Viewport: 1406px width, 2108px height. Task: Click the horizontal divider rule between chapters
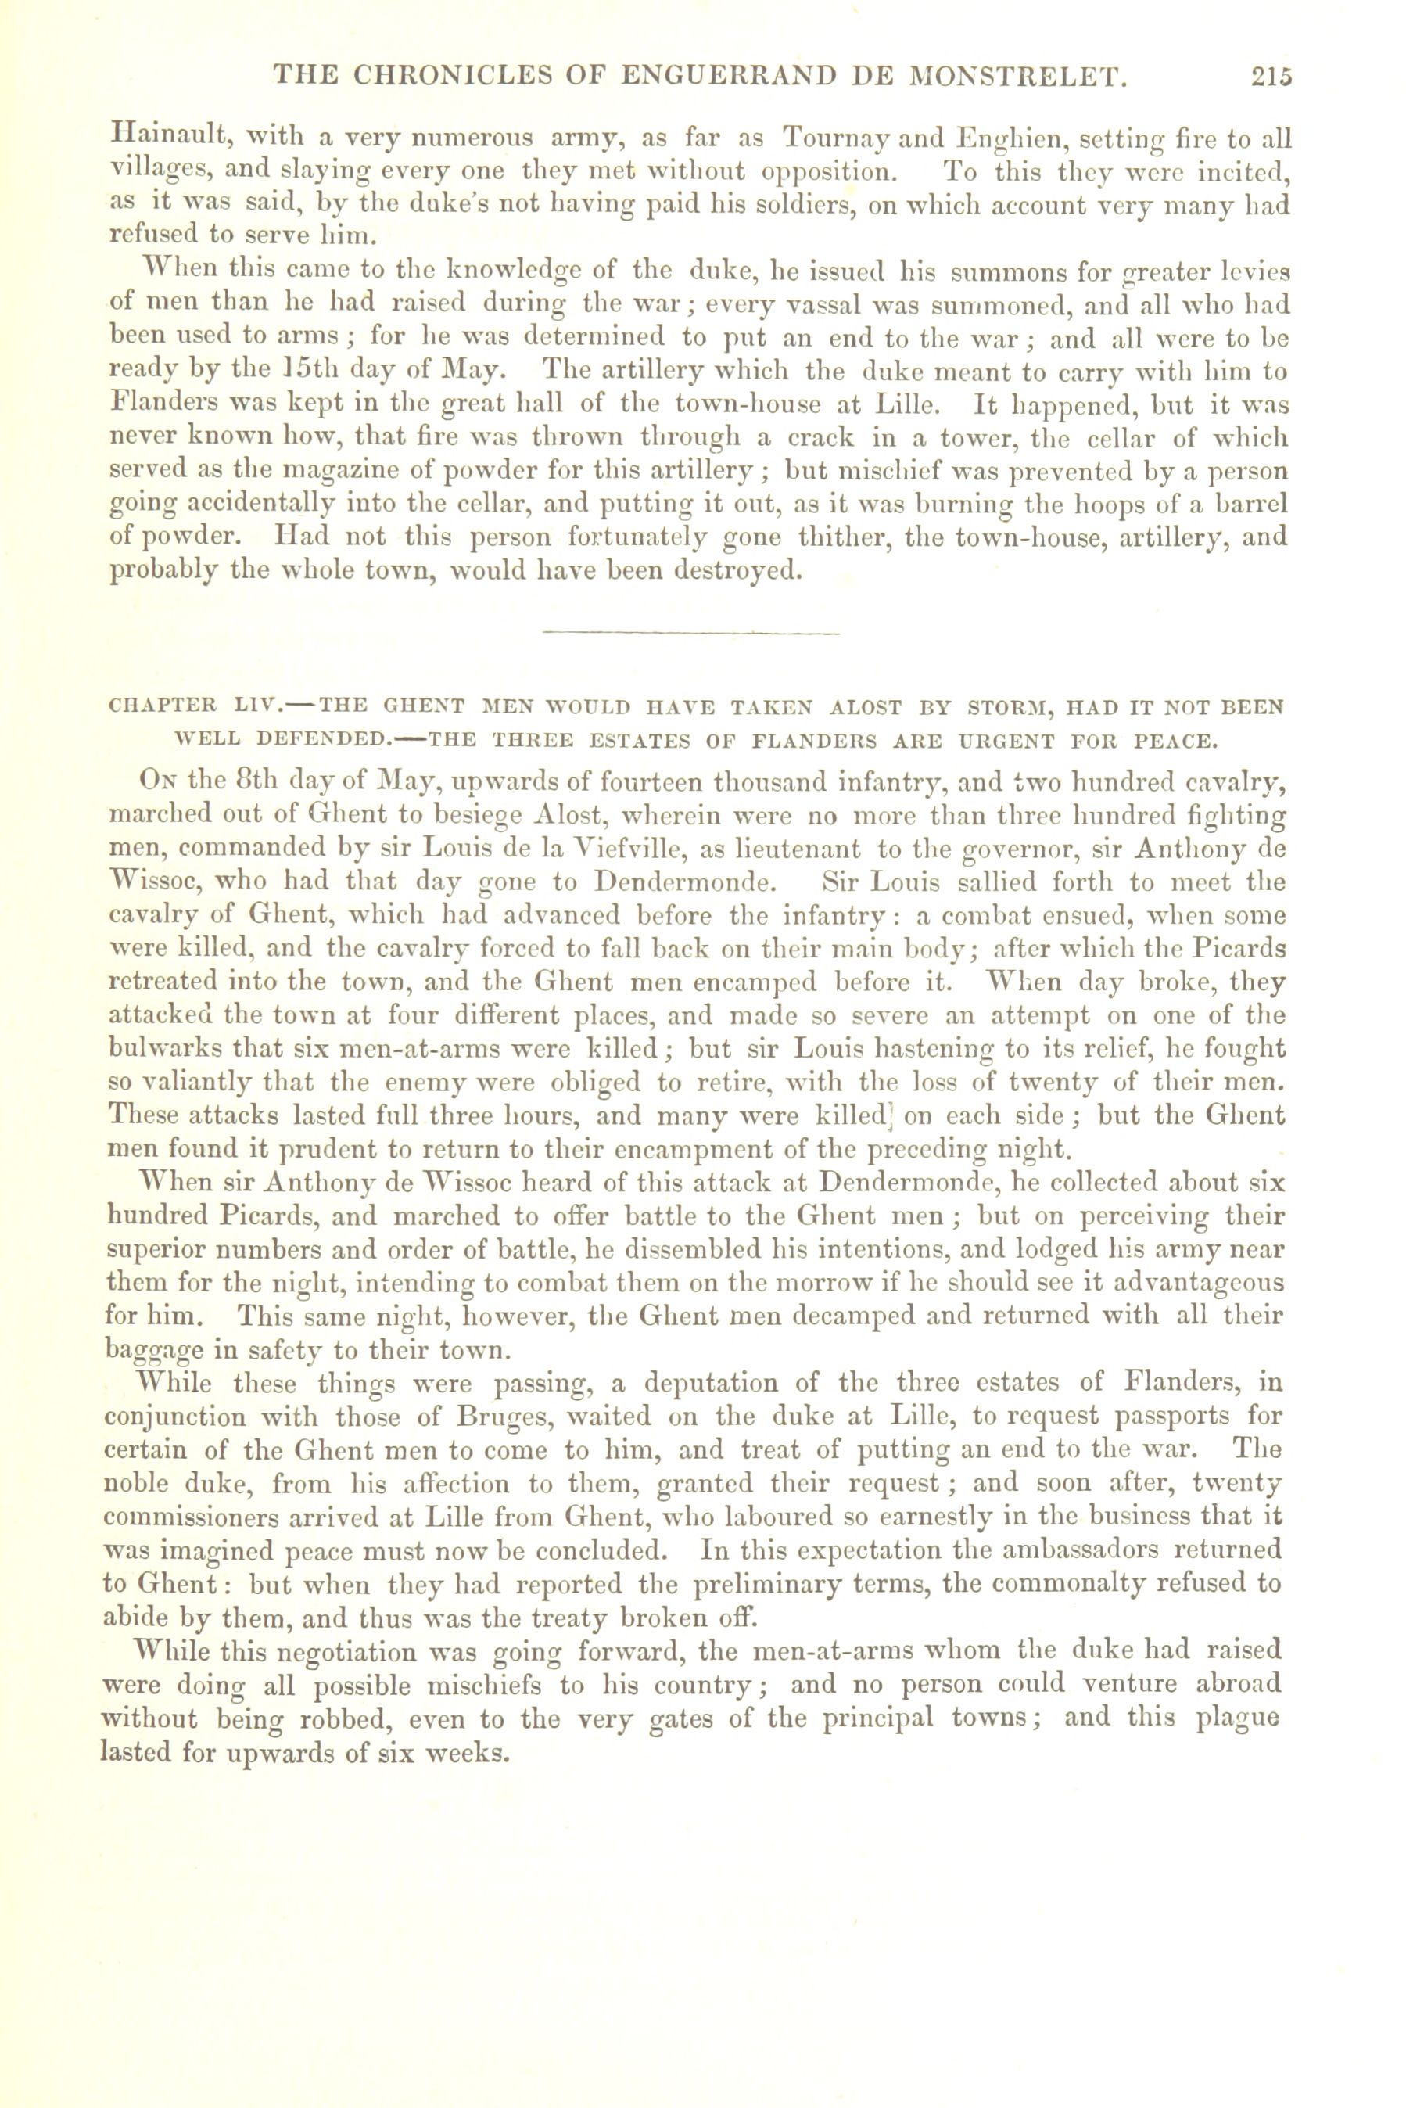point(691,633)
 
